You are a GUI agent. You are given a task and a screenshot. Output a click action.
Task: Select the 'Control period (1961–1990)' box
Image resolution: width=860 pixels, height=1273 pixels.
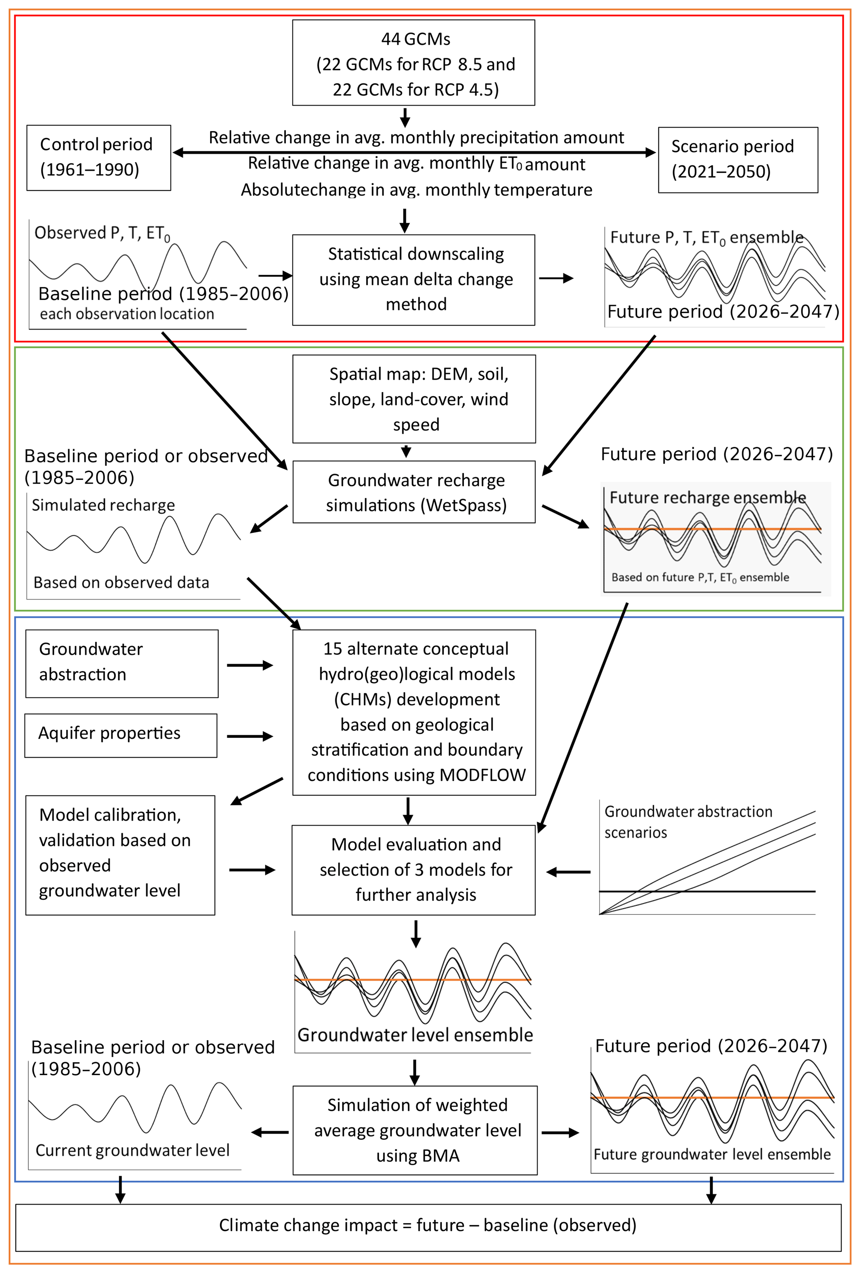click(99, 158)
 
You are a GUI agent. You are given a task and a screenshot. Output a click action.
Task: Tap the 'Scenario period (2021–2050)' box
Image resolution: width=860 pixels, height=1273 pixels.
click(737, 160)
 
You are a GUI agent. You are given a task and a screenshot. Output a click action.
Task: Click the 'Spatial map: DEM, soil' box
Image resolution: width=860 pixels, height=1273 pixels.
click(414, 399)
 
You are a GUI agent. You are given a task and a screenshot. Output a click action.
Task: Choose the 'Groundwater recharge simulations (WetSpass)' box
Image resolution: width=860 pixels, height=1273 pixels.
click(414, 492)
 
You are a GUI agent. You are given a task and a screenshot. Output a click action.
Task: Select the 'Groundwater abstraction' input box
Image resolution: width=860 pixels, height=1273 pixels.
click(121, 663)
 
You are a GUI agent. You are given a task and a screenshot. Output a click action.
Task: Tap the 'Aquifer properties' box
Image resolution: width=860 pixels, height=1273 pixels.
click(121, 735)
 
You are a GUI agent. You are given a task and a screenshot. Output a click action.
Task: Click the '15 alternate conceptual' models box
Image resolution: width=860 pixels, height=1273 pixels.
click(414, 712)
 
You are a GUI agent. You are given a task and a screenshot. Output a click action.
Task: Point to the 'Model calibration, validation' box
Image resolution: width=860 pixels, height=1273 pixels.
click(120, 855)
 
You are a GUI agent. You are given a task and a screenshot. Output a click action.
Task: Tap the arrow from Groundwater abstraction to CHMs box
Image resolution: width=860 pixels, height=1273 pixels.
click(250, 665)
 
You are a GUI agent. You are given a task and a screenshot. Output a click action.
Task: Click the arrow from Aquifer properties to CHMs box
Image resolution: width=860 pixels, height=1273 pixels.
click(250, 736)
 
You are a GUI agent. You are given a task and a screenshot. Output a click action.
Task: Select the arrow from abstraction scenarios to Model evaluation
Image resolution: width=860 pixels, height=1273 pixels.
click(568, 872)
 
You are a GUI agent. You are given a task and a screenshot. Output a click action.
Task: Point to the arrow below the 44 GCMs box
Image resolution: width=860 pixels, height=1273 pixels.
click(405, 117)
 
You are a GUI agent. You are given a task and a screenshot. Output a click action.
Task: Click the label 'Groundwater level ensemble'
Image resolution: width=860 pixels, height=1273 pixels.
click(415, 1035)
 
